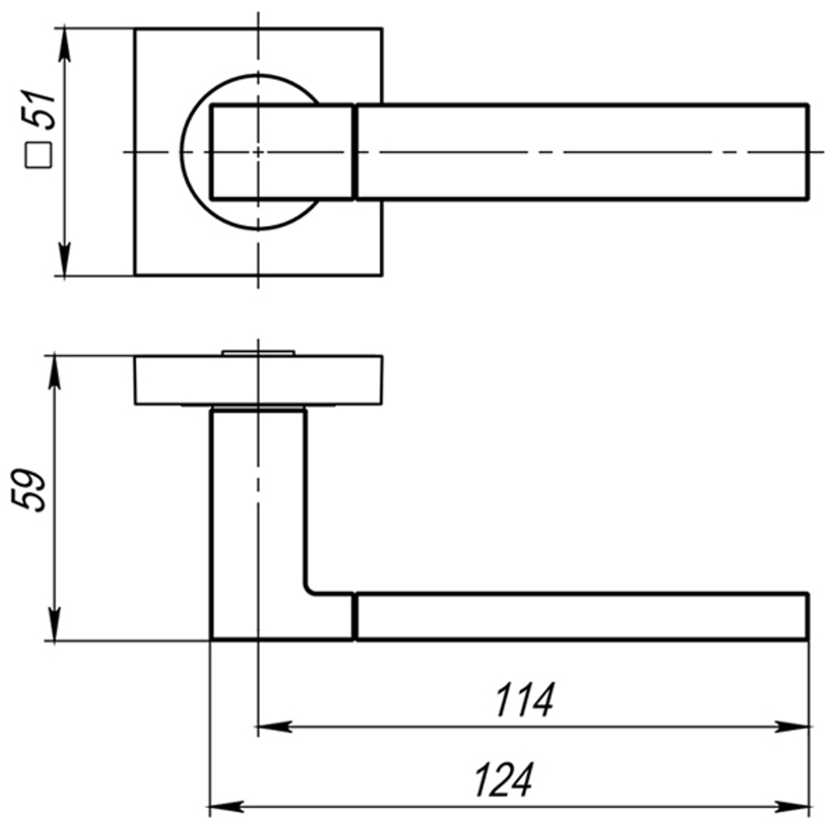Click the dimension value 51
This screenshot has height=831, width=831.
click(x=39, y=111)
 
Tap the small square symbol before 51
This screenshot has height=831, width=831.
click(x=39, y=155)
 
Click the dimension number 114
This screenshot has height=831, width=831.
click(x=524, y=700)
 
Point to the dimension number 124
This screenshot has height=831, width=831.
click(x=504, y=779)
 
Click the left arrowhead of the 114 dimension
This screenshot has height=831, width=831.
click(x=274, y=726)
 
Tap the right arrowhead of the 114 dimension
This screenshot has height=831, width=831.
click(x=792, y=726)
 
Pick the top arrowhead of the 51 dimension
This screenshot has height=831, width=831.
click(x=64, y=46)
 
